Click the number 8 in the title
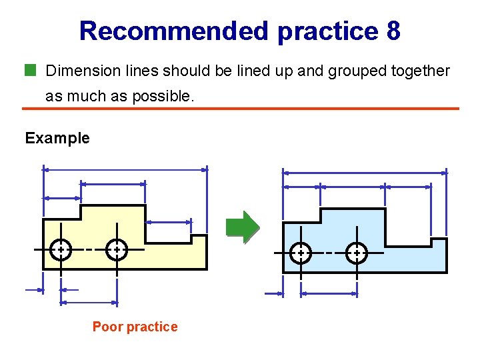393,31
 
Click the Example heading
57,138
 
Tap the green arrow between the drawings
241,226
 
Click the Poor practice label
135,327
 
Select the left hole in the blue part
301,253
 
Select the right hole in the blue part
357,253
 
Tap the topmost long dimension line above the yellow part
125,169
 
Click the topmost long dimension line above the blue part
365,173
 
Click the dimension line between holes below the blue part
329,293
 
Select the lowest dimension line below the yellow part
88,303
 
